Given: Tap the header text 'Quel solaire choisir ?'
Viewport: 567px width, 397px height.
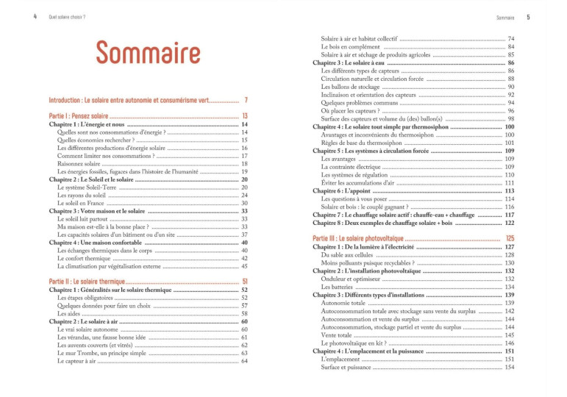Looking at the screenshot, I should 66,16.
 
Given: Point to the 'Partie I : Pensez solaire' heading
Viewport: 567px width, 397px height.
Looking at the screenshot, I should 78,116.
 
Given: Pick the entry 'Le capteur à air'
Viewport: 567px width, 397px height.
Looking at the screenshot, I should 80,361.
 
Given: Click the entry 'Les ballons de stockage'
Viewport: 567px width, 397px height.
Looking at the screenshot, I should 355,86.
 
